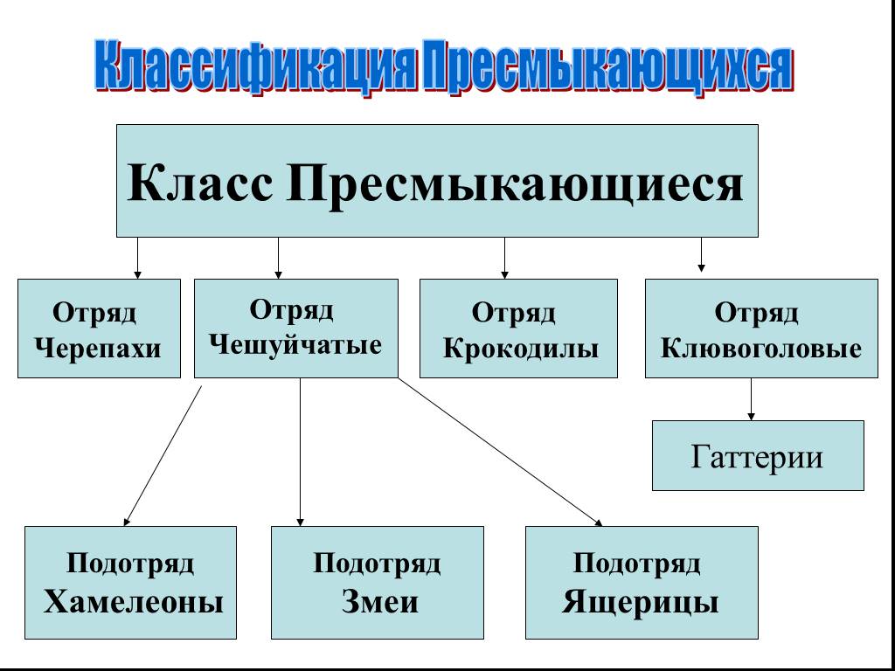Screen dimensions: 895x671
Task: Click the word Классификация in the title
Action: [255, 66]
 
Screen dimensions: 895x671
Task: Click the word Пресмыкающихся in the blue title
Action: [607, 66]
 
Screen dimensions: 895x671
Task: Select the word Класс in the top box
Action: [200, 182]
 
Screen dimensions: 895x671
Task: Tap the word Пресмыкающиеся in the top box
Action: [515, 183]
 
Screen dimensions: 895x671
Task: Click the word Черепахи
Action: [98, 348]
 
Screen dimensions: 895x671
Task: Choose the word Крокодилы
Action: [521, 348]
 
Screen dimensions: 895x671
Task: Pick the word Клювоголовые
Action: [761, 348]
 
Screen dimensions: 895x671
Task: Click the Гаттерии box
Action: [758, 455]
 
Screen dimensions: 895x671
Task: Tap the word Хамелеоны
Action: [133, 602]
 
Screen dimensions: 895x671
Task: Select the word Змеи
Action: [379, 602]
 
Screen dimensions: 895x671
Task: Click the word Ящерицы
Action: [640, 603]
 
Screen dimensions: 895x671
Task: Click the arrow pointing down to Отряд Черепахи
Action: [137, 258]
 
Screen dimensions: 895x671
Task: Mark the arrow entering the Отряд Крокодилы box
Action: [504, 258]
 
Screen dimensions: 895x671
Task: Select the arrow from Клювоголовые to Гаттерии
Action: [751, 399]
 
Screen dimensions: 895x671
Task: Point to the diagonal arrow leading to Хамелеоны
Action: [163, 456]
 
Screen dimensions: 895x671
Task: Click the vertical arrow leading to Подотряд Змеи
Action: [301, 452]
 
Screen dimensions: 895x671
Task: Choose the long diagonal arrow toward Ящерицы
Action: [500, 452]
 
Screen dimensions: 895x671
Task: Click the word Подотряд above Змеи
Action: [377, 564]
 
